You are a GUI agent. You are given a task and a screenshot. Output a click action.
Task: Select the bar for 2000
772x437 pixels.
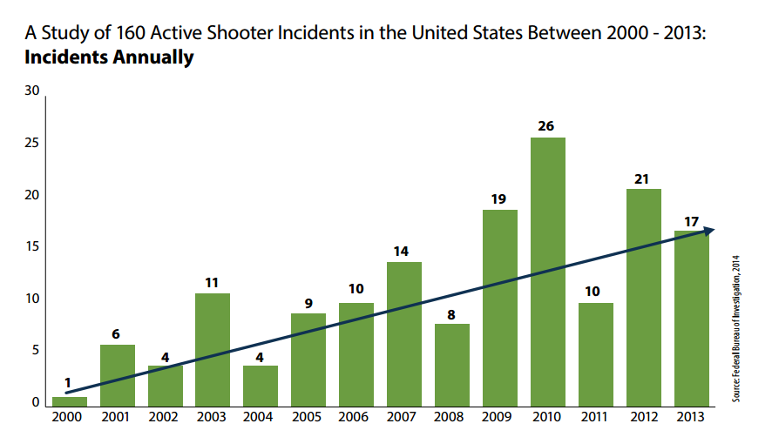tap(70, 401)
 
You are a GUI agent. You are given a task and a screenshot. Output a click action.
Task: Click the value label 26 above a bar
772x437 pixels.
tap(546, 126)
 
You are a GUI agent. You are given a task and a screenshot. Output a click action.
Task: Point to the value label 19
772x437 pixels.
tap(499, 198)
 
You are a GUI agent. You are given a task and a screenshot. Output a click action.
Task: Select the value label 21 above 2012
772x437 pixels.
tap(643, 178)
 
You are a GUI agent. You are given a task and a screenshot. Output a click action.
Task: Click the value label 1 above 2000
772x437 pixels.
tap(68, 384)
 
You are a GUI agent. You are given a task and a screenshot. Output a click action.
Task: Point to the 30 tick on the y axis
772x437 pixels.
tap(32, 90)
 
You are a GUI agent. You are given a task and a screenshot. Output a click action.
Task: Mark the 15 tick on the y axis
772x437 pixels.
tap(32, 246)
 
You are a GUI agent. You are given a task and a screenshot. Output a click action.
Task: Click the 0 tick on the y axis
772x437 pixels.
tap(37, 402)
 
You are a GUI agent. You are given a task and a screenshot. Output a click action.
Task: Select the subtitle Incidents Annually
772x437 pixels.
tap(109, 59)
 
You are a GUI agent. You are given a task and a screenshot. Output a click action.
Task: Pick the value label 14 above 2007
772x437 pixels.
tap(403, 251)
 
